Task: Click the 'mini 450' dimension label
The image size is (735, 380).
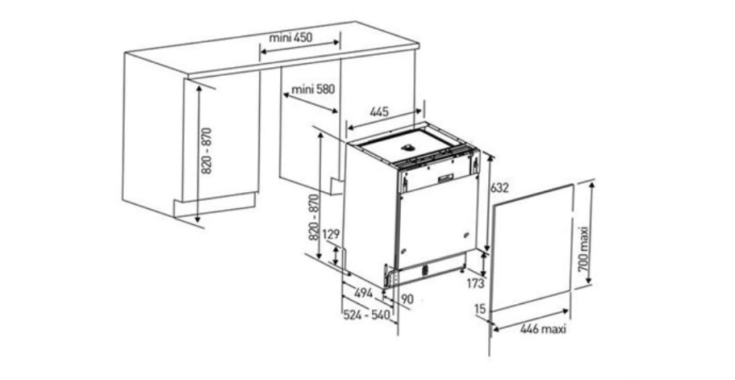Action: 291,37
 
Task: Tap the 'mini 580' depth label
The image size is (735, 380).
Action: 313,88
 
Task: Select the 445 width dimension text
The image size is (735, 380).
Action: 379,111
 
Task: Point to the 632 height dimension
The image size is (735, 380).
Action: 500,187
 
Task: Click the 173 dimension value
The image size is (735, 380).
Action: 475,283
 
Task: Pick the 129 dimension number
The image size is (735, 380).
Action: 331,235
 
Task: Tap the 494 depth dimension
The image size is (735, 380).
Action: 363,293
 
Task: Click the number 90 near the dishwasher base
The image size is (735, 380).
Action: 408,299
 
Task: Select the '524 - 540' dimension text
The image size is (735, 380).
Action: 367,315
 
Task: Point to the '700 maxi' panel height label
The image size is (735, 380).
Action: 583,249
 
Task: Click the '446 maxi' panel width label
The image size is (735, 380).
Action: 543,329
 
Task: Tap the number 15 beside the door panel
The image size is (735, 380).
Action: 480,308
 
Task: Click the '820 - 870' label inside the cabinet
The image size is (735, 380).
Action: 207,151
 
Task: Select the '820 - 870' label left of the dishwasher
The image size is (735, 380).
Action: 314,217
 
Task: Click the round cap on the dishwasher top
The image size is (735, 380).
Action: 408,147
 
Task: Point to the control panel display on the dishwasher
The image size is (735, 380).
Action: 445,178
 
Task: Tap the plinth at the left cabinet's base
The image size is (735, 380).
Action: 215,205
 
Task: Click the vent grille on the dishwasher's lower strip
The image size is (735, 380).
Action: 426,270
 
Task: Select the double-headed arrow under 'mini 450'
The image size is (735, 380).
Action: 300,46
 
